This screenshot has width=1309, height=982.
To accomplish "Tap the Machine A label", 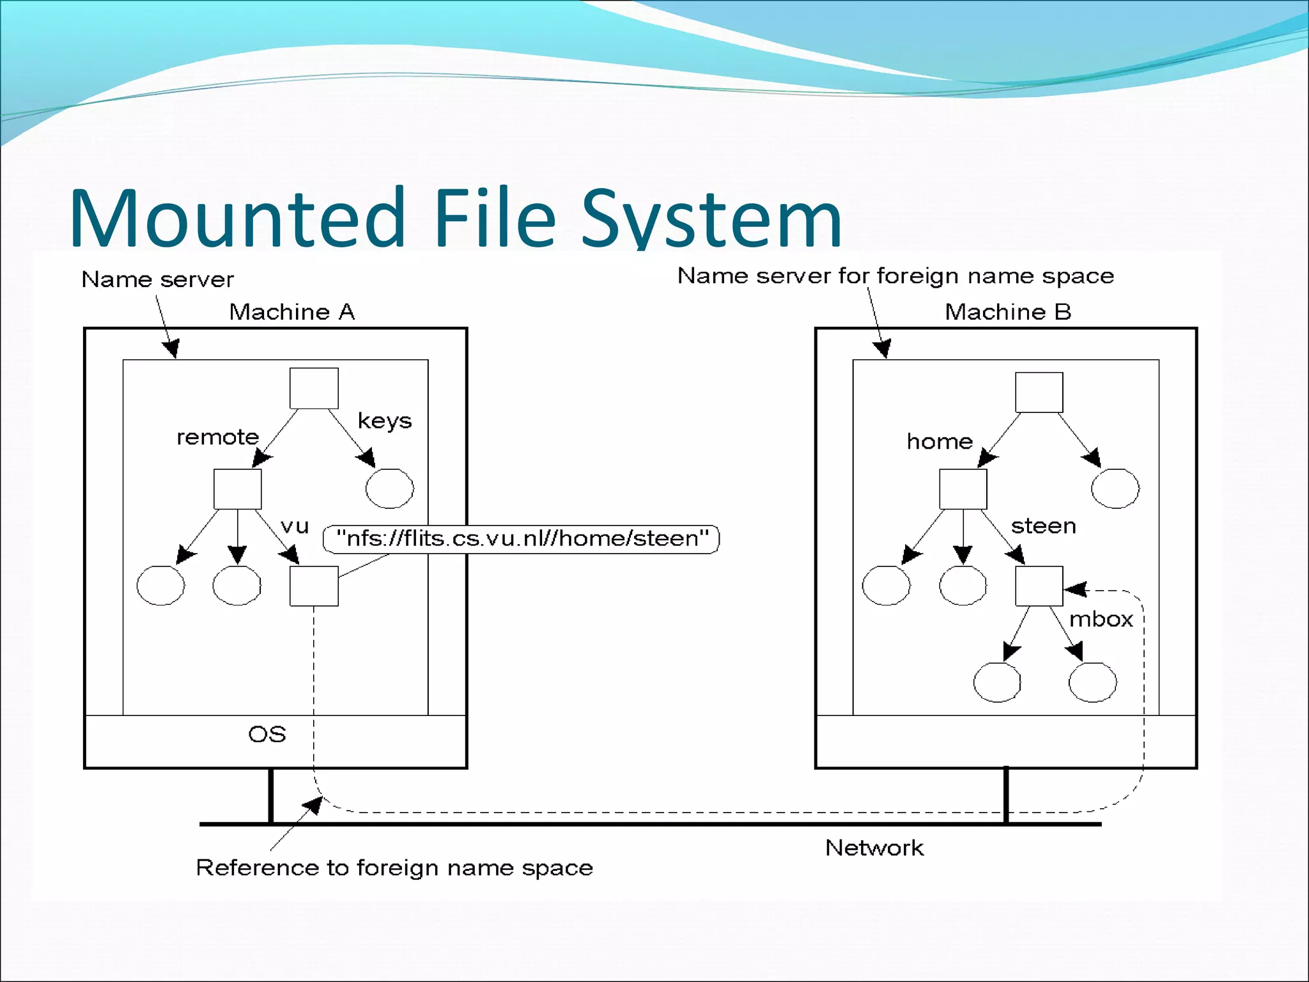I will click(291, 312).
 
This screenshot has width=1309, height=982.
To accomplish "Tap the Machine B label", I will click(1007, 312).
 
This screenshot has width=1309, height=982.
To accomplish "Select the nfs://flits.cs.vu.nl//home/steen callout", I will click(522, 538).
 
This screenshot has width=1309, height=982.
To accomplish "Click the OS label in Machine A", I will click(267, 734).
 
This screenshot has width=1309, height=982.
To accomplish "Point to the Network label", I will click(874, 848).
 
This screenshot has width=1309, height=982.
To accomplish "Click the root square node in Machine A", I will click(314, 388).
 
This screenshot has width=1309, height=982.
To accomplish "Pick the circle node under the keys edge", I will click(389, 488).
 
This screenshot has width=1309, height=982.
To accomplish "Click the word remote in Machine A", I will click(217, 437).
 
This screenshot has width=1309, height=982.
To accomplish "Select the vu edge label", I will click(295, 526).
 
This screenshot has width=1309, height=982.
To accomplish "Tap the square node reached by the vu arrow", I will click(314, 586).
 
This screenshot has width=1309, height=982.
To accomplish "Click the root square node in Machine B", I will click(1039, 393).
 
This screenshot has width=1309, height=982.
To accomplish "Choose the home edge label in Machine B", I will click(940, 441).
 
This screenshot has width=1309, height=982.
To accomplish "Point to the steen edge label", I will click(1043, 526).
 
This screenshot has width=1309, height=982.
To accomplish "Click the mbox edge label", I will click(1101, 619).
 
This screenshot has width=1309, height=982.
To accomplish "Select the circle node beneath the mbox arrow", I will click(1092, 682).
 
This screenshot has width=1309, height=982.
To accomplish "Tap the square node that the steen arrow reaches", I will click(1039, 586).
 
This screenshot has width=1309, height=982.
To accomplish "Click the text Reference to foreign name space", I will click(394, 868).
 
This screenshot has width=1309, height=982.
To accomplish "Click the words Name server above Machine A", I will click(157, 279).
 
